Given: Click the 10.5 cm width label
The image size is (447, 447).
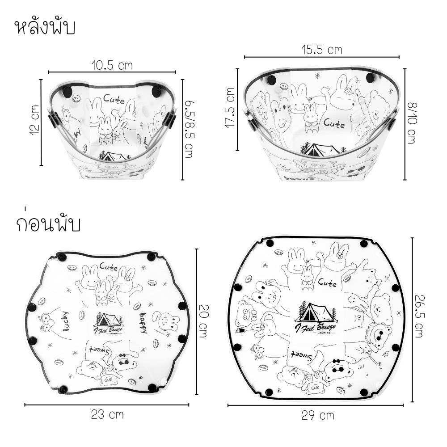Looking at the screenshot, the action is (x=112, y=65).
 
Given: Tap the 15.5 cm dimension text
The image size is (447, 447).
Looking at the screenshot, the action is (x=322, y=50).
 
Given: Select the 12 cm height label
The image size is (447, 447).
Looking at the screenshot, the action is (x=34, y=120).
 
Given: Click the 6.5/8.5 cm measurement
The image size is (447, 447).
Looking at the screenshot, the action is (x=189, y=129).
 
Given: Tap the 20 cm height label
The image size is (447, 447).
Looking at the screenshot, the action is (x=203, y=321).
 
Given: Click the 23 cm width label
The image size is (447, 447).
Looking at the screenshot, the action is (x=107, y=414).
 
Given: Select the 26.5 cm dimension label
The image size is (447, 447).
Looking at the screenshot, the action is (x=419, y=316).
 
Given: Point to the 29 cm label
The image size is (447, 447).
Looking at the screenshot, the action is (x=318, y=415).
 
